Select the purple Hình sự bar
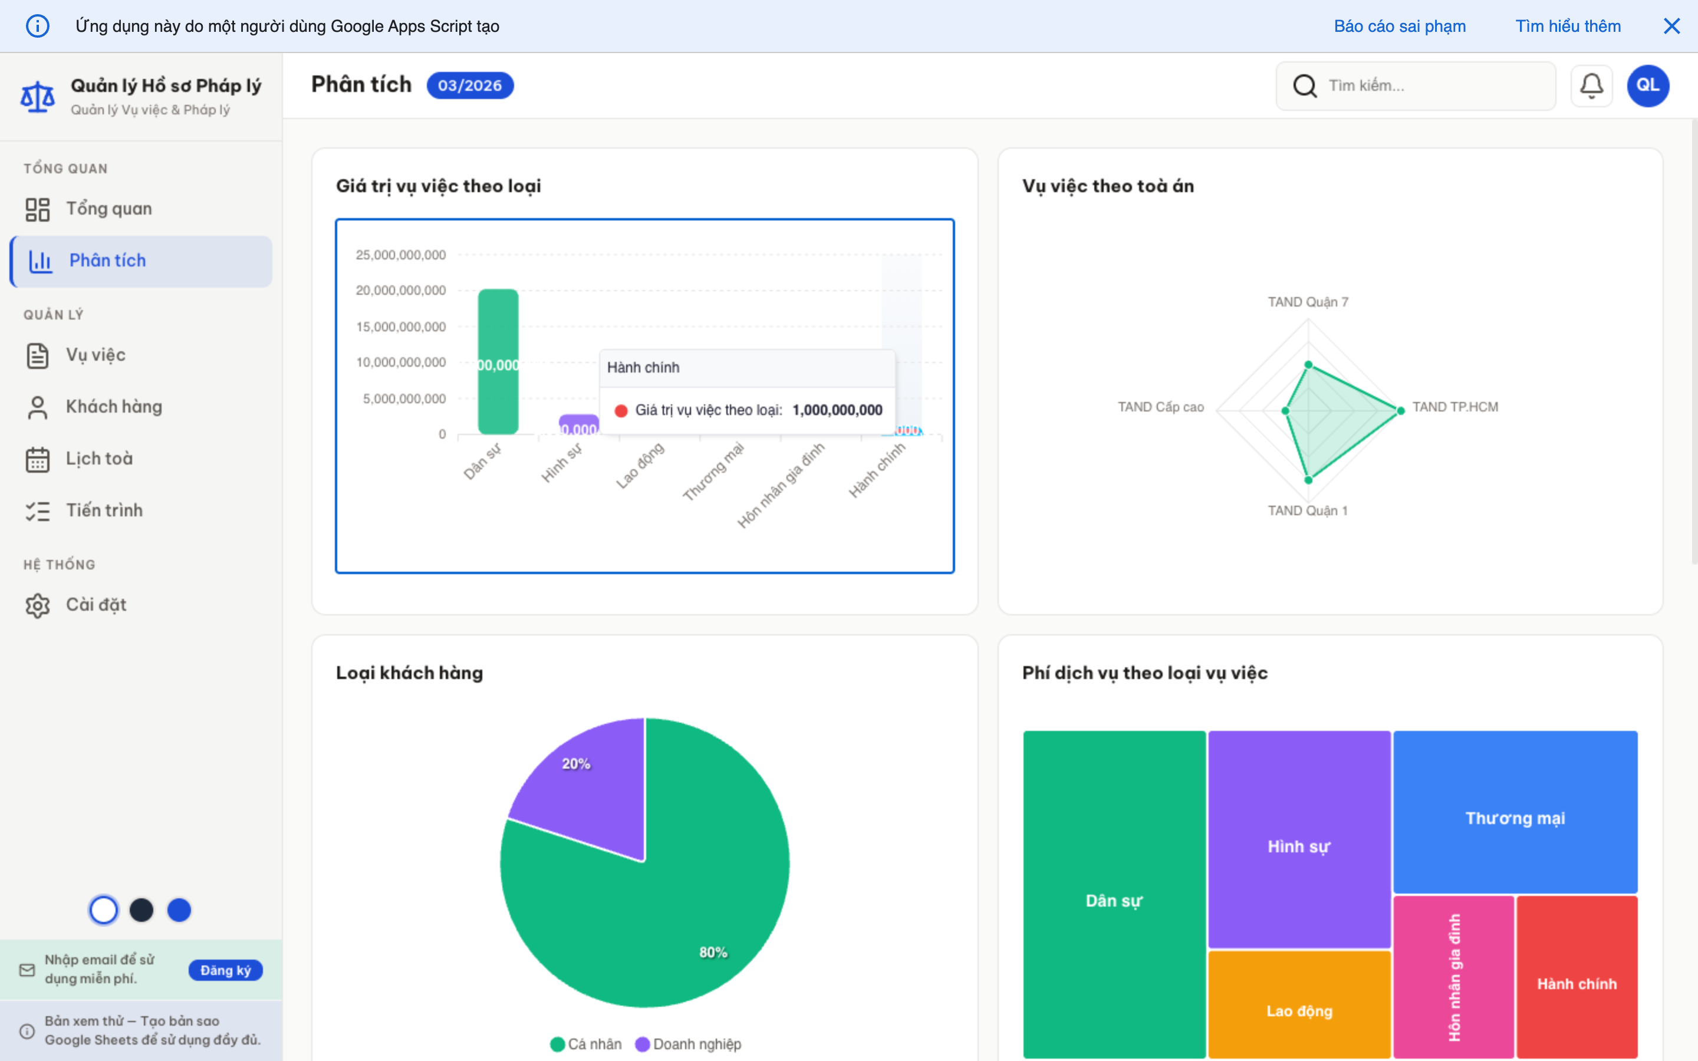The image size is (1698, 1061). pyautogui.click(x=578, y=424)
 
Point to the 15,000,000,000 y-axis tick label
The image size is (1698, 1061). pyautogui.click(x=401, y=327)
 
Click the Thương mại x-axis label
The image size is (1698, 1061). pyautogui.click(x=713, y=471)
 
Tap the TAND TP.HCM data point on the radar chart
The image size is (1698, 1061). pyautogui.click(x=1400, y=410)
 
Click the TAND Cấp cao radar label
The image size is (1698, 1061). pyautogui.click(x=1160, y=407)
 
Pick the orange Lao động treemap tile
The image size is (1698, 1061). pyautogui.click(x=1299, y=1003)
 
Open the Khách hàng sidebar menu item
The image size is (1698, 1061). pyautogui.click(x=114, y=407)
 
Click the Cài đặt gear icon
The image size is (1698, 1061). pyautogui.click(x=37, y=605)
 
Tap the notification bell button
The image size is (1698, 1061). pyautogui.click(x=1591, y=85)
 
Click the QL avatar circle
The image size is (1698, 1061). pyautogui.click(x=1647, y=85)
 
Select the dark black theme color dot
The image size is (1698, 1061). pyautogui.click(x=141, y=910)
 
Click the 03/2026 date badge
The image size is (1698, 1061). pyautogui.click(x=470, y=85)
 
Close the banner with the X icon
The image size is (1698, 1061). pyautogui.click(x=1671, y=26)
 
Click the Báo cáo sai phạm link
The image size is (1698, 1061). pyautogui.click(x=1399, y=26)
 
